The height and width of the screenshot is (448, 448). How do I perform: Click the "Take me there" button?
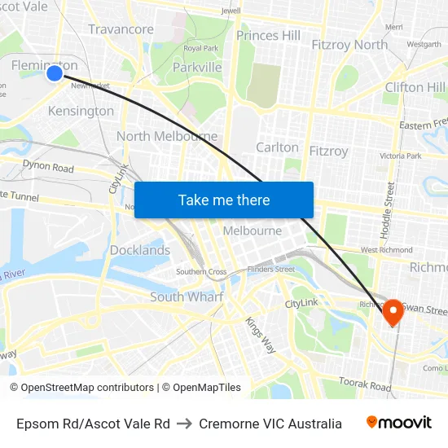tap(224, 200)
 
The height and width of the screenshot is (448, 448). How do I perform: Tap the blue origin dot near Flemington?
tap(55, 74)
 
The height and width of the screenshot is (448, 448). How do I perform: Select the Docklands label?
tap(140, 250)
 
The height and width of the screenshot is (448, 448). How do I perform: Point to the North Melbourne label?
tap(167, 136)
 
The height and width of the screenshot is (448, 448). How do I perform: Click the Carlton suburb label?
tap(277, 147)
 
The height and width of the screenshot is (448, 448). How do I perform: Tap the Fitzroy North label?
tap(349, 45)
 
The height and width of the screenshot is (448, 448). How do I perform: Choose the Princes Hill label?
tap(268, 35)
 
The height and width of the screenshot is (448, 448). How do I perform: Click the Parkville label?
tap(197, 67)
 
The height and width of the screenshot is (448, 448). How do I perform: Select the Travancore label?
tap(121, 29)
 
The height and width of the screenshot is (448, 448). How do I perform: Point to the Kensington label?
tap(81, 111)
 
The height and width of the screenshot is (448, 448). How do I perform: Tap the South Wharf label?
tap(187, 297)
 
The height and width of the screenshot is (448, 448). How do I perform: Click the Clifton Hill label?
tap(415, 87)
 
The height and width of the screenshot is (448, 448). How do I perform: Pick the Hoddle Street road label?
tap(390, 209)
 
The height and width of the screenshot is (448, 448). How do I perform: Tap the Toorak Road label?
tap(364, 385)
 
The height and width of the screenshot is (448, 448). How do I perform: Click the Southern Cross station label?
tap(201, 271)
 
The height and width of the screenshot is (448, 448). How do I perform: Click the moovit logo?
tap(398, 423)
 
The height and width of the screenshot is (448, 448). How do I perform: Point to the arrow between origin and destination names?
tap(184, 424)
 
